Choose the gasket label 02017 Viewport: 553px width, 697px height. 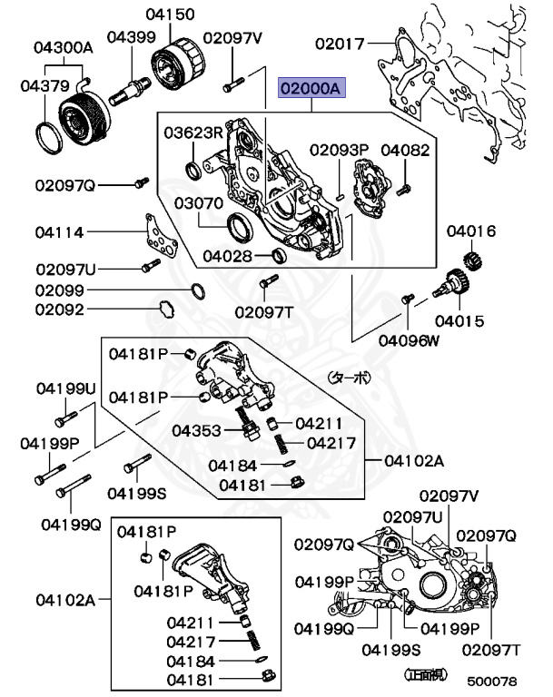pos(340,43)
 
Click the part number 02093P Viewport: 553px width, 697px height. pos(339,149)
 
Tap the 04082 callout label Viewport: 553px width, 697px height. pos(405,149)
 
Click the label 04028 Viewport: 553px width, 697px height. pos(228,256)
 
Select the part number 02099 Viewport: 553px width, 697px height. pos(61,290)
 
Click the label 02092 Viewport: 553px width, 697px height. pos(61,309)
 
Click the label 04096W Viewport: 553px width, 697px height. pos(409,340)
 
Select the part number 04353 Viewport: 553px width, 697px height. pos(197,429)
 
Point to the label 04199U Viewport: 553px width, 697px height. pos(66,388)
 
